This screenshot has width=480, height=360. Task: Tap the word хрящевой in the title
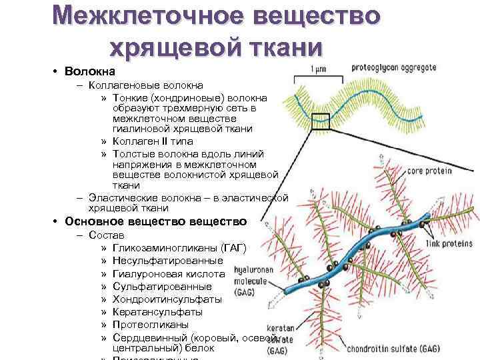(x=173, y=47)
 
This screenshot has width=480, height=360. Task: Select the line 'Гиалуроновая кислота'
(x=169, y=273)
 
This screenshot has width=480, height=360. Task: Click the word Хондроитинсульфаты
(x=167, y=299)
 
